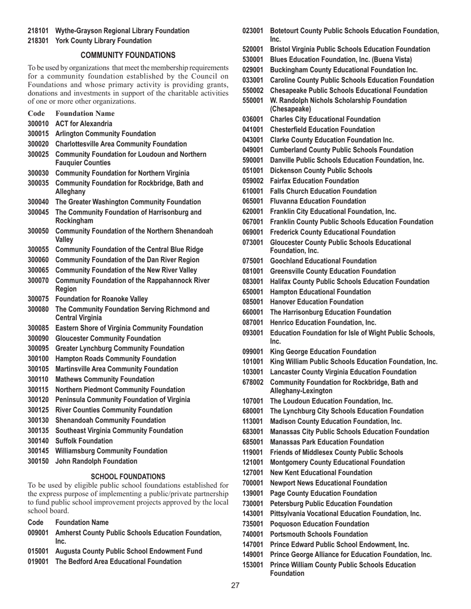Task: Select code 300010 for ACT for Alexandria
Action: pos(38,123)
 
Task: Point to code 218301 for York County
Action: pos(38,40)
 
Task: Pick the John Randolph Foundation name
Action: pos(96,461)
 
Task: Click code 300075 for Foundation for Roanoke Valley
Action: pos(38,299)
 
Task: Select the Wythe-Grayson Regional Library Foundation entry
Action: pos(122,31)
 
